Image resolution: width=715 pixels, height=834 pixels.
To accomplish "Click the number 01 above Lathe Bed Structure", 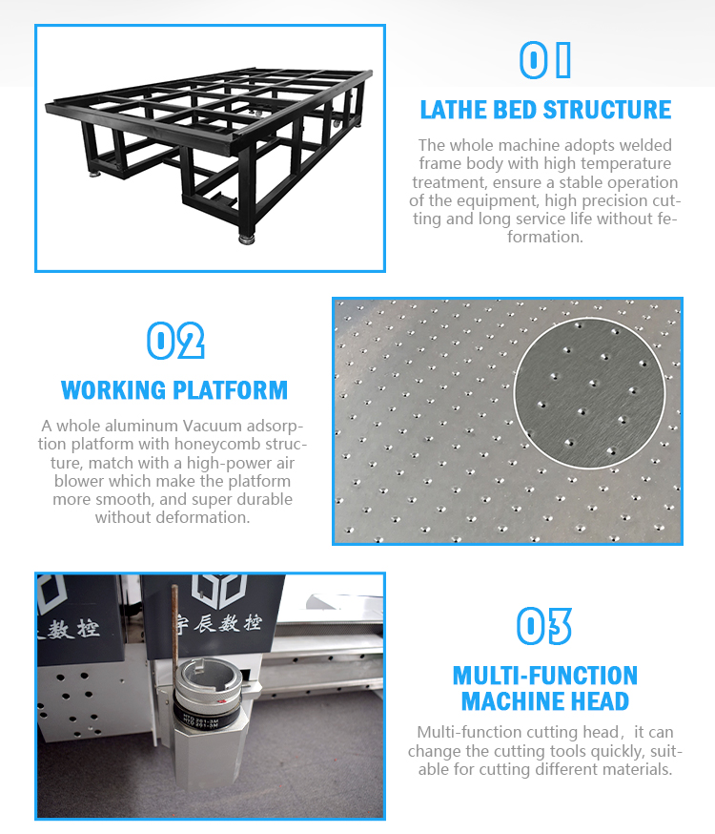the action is [x=545, y=60].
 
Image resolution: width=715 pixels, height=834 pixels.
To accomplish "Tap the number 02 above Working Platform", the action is [x=175, y=341].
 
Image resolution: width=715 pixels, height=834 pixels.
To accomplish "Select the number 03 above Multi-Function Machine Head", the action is [x=544, y=626].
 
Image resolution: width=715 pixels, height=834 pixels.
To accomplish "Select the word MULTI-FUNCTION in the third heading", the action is [x=545, y=676].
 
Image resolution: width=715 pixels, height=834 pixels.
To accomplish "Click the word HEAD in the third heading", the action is [x=600, y=701].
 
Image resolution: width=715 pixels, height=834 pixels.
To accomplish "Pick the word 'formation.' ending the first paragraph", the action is [x=545, y=237].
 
